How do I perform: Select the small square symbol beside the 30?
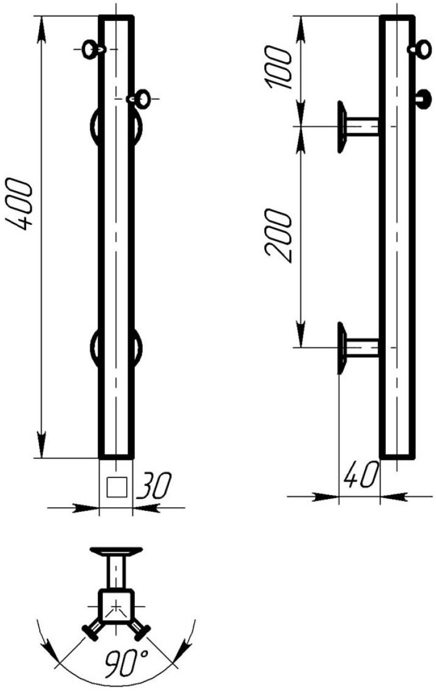point(116,487)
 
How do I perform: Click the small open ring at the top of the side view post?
point(421,48)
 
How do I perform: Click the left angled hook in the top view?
point(92,632)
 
